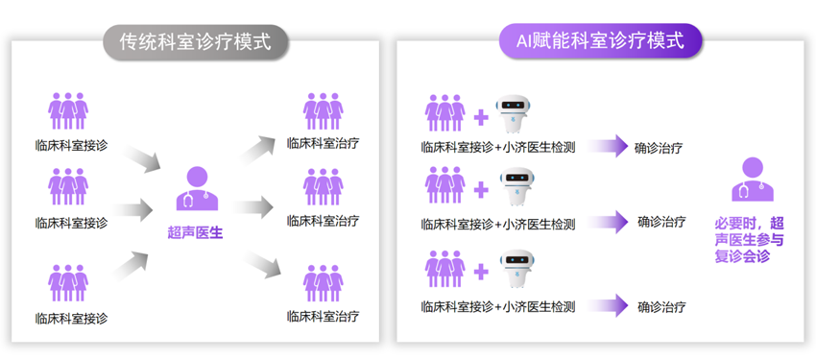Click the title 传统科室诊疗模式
[x=196, y=41]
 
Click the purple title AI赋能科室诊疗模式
[x=600, y=40]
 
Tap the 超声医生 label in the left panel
[x=195, y=232]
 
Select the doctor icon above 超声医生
[x=197, y=188]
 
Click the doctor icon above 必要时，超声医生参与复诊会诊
[x=753, y=179]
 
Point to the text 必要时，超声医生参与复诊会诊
[x=750, y=240]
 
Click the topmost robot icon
[x=516, y=113]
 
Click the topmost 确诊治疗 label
[x=659, y=148]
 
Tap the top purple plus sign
[x=481, y=117]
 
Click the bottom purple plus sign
[x=481, y=271]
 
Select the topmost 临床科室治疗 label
[x=324, y=144]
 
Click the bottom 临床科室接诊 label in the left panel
[x=71, y=318]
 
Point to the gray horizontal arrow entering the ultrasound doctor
[x=132, y=209]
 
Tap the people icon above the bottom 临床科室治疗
[x=324, y=283]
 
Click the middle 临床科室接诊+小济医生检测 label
[x=498, y=225]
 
